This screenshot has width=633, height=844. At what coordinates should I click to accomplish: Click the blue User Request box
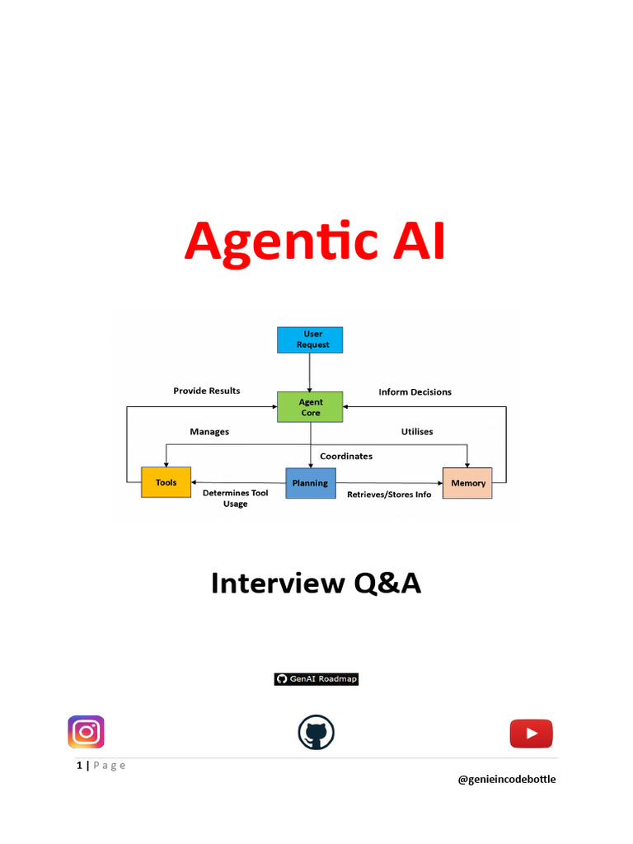click(x=310, y=340)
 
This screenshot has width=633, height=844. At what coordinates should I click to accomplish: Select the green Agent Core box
click(x=311, y=407)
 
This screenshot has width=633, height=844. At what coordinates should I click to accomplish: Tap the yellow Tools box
click(x=166, y=482)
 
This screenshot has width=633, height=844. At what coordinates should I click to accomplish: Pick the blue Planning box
click(x=310, y=483)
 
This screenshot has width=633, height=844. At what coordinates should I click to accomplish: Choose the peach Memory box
click(x=468, y=483)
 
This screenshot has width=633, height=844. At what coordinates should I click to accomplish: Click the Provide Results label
click(x=206, y=391)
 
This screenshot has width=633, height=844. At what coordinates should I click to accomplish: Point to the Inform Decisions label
click(x=415, y=392)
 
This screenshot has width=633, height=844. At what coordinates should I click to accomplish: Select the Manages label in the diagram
click(x=209, y=432)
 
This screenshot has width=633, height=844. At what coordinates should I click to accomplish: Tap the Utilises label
click(x=417, y=432)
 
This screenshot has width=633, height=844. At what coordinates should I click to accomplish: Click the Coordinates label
click(x=346, y=456)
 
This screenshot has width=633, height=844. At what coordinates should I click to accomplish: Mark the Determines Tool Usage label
click(x=235, y=498)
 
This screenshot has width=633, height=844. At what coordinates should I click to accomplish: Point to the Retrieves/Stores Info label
click(x=389, y=495)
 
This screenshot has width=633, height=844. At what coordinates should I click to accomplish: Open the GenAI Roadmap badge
click(x=316, y=679)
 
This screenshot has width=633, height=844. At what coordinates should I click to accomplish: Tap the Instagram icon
click(x=86, y=732)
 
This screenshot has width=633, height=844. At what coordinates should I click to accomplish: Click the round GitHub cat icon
click(x=316, y=732)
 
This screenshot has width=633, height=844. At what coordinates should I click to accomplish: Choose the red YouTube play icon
click(x=531, y=733)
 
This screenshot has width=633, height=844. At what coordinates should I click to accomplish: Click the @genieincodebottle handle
click(x=507, y=779)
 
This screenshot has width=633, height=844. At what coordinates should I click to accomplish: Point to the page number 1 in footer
click(x=80, y=766)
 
